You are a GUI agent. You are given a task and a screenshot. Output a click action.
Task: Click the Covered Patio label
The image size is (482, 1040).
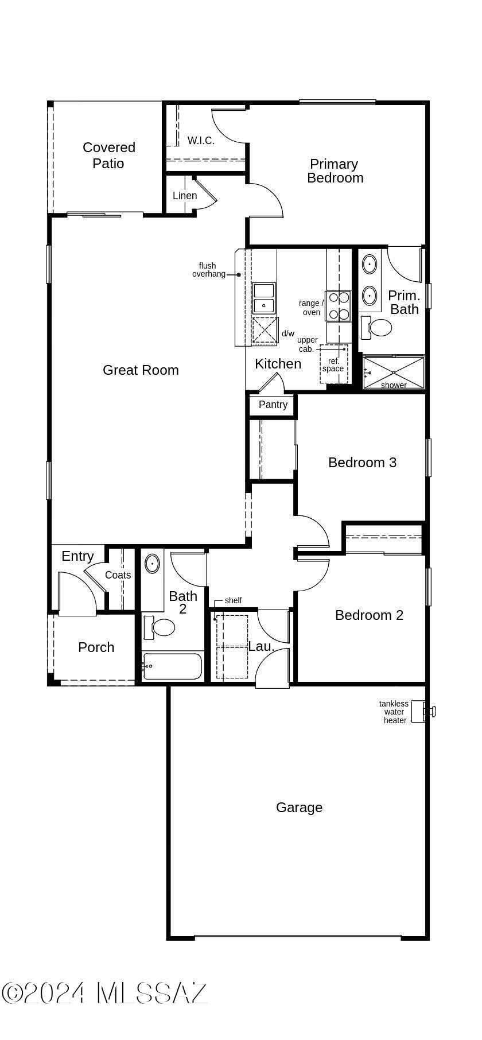(x=109, y=156)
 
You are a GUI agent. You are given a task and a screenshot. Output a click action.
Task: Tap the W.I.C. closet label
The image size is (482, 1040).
(x=201, y=141)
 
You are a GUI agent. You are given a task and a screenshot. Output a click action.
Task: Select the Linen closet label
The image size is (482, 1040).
(x=185, y=196)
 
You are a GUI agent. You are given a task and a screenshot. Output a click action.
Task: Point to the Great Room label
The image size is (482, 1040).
(x=141, y=370)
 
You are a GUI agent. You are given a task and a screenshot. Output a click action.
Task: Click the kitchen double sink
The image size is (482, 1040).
(x=263, y=298)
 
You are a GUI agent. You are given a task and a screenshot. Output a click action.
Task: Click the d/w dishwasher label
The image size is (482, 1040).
(x=287, y=333)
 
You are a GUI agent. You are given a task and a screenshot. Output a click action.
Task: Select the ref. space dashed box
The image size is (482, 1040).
(x=333, y=364)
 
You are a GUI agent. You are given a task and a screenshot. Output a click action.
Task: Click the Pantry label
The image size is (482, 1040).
(x=273, y=405)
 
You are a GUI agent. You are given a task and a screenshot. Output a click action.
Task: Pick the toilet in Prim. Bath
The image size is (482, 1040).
(x=379, y=328)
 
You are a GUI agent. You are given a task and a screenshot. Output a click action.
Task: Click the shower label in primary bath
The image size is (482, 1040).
(x=394, y=385)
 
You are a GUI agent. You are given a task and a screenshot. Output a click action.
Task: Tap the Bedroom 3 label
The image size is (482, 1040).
(x=362, y=463)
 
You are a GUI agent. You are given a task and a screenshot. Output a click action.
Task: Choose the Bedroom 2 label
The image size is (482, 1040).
(x=369, y=615)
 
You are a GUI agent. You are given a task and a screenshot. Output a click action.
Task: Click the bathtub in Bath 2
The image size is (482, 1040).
(x=172, y=666)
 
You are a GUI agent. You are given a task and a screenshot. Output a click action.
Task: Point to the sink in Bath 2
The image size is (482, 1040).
(x=151, y=564)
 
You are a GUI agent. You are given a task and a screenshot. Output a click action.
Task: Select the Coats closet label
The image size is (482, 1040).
(x=118, y=575)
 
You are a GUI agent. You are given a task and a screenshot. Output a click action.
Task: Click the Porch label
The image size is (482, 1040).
(x=96, y=647)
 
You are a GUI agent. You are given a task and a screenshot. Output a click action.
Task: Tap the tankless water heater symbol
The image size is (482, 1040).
(x=429, y=712)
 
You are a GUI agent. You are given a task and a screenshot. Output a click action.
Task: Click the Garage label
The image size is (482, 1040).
(x=299, y=808)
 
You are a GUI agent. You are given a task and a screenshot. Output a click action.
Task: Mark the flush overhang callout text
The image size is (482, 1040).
(x=209, y=270)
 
